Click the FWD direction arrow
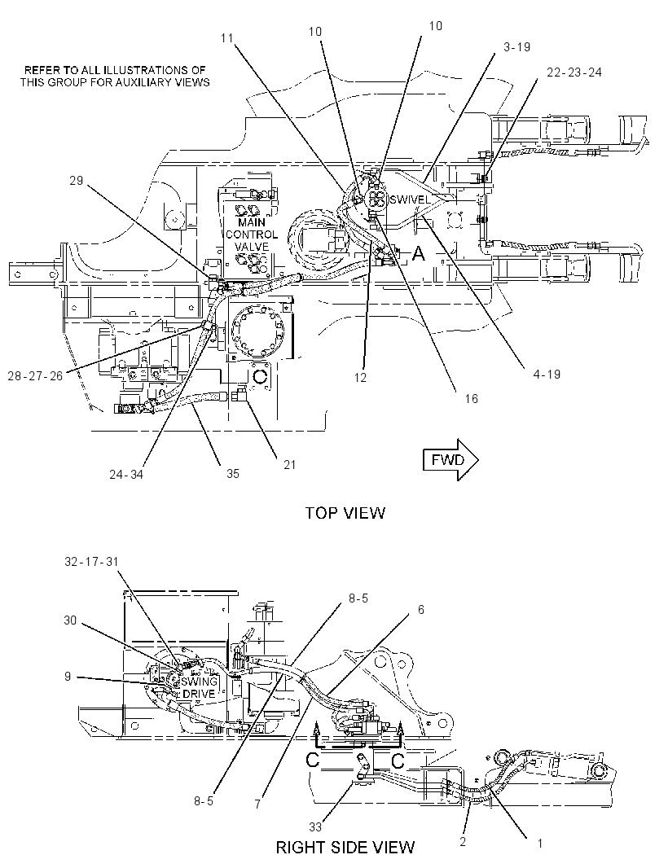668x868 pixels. pyautogui.click(x=450, y=459)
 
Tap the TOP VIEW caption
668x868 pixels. pyautogui.click(x=345, y=513)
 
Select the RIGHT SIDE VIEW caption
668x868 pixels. pyautogui.click(x=345, y=847)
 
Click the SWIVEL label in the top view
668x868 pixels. pyautogui.click(x=409, y=199)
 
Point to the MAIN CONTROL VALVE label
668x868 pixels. pyautogui.click(x=252, y=235)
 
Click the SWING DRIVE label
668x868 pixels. pyautogui.click(x=198, y=687)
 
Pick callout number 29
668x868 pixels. pyautogui.click(x=77, y=181)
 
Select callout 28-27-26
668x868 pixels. pyautogui.click(x=35, y=376)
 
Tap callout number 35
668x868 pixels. pyautogui.click(x=233, y=473)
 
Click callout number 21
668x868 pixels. pyautogui.click(x=290, y=464)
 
